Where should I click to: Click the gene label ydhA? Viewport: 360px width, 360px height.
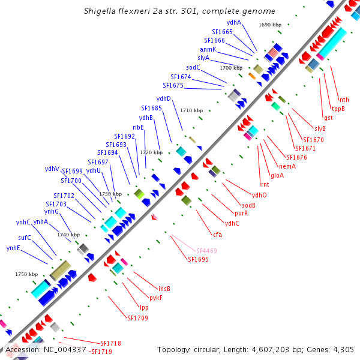(x=233, y=22)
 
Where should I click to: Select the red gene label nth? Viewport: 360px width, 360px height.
(x=344, y=100)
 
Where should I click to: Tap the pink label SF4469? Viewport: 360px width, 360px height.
(x=206, y=250)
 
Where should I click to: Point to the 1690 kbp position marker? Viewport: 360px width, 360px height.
(x=270, y=25)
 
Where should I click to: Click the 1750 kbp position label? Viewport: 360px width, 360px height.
(x=26, y=274)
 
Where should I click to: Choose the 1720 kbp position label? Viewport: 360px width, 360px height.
(x=151, y=153)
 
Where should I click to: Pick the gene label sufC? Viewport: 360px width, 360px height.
(x=25, y=238)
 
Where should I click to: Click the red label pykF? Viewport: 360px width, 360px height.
(x=155, y=298)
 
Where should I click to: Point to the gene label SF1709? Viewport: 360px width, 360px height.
(x=137, y=318)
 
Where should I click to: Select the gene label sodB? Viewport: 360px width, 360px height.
(x=248, y=205)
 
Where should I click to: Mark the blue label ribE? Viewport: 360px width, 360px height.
(x=138, y=127)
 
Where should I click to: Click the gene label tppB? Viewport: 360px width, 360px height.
(x=338, y=109)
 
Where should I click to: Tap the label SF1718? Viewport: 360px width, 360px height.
(x=110, y=343)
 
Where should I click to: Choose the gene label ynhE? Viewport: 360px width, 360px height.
(x=13, y=248)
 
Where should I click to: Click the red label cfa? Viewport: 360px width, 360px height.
(x=217, y=235)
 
